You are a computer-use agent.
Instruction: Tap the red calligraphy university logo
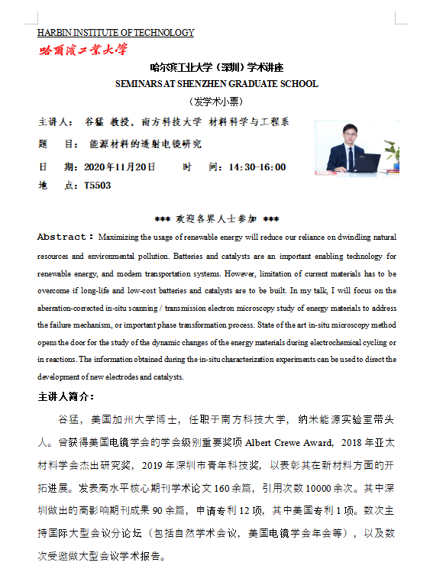click(x=83, y=50)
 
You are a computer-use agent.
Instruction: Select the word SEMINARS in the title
click(x=142, y=84)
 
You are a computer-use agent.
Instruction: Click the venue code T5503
click(x=97, y=186)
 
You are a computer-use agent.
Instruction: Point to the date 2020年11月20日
click(x=119, y=167)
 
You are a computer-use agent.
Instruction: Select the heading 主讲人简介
click(x=66, y=397)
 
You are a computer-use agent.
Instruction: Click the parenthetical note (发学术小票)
click(x=216, y=102)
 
